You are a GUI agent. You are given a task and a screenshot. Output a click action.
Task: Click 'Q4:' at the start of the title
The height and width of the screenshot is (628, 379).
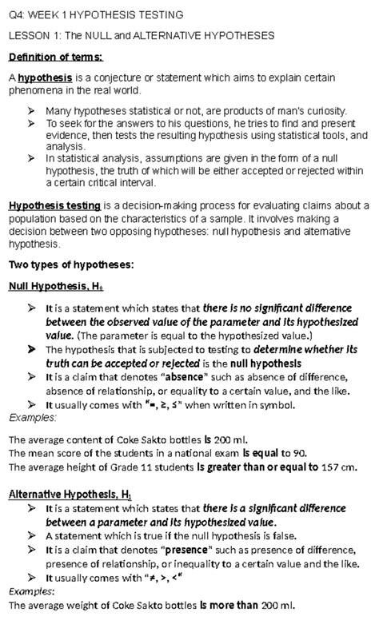(17, 14)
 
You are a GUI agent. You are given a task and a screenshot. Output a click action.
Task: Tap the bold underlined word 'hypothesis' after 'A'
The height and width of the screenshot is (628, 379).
(45, 78)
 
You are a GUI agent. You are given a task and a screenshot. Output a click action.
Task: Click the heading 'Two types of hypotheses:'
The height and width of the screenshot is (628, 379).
(70, 264)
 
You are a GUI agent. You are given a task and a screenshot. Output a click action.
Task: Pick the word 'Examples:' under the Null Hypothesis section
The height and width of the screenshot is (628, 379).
(31, 418)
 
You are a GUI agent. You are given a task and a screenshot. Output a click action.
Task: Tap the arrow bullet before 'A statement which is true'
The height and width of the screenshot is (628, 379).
(30, 536)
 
